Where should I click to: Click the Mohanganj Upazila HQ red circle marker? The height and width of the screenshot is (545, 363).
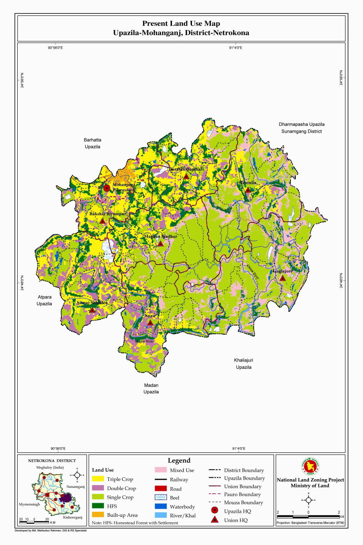click(107, 188)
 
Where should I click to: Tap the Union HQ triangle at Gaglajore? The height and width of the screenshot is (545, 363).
click(282, 278)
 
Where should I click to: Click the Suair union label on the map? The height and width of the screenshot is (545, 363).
click(150, 315)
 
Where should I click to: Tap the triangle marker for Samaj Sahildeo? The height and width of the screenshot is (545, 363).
click(92, 310)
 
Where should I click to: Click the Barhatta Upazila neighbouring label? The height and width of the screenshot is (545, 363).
click(92, 144)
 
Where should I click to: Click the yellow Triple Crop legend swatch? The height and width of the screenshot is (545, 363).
click(98, 479)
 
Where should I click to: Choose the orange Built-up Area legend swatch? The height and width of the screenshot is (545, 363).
click(98, 515)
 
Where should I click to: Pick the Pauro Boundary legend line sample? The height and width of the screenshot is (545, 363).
click(215, 495)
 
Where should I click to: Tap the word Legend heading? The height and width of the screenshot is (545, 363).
click(179, 461)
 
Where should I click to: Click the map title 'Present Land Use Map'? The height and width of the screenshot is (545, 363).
click(181, 23)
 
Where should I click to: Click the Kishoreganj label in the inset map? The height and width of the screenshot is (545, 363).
click(73, 517)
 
